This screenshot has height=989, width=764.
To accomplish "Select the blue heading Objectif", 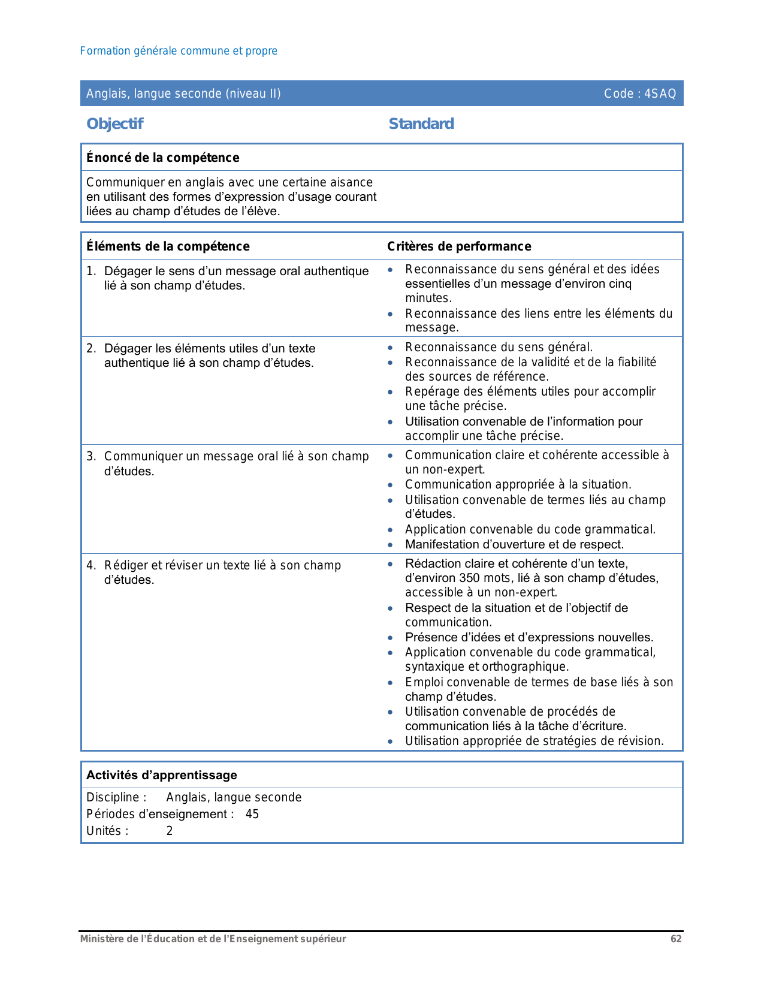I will pos(114,123).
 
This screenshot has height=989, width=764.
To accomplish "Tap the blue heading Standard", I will pos(421,123).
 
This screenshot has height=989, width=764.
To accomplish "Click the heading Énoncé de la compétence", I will pos(162,158).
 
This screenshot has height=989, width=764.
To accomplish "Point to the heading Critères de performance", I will pos(459,246).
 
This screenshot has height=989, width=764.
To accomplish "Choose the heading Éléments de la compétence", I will pos(168,246).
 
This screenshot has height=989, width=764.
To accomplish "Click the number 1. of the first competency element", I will pos(90,271).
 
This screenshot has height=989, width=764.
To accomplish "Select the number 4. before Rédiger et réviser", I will pos(90,565).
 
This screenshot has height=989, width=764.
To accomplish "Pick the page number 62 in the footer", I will pos(676,939).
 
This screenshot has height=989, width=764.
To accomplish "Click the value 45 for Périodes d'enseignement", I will pos(252,814).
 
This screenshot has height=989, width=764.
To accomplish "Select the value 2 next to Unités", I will pos(170,831).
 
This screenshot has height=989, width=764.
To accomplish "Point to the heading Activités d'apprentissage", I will pos(162,775).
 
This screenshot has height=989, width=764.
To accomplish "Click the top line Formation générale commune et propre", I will pos(179,51).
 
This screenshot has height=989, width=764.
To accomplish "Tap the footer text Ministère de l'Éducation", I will pos(213,939).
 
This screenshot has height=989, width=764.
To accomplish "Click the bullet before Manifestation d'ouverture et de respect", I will pos(391,545).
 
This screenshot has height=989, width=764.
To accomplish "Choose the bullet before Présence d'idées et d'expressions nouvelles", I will pos(391,638).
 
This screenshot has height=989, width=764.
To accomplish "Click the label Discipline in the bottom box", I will pos(113,797).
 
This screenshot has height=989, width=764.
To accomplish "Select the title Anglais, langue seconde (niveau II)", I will pos(183,94).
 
